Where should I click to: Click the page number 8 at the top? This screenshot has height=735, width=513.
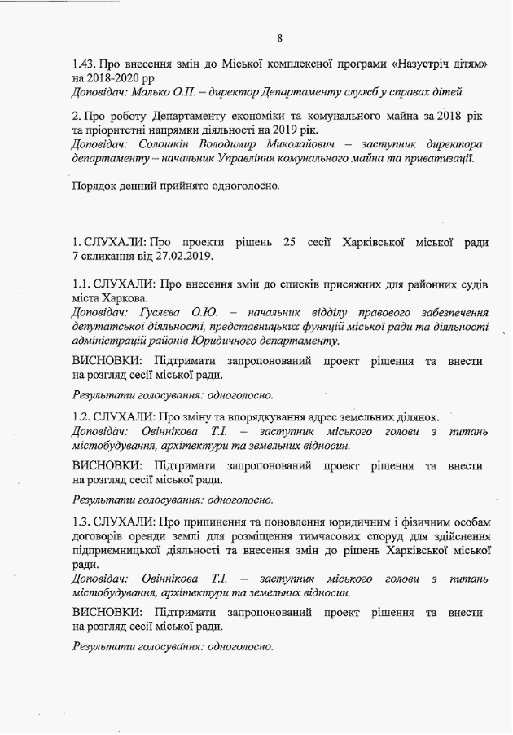279,38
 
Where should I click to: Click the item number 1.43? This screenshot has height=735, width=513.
83,63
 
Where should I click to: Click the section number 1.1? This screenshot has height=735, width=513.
81,284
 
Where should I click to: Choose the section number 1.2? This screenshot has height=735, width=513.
81,416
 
